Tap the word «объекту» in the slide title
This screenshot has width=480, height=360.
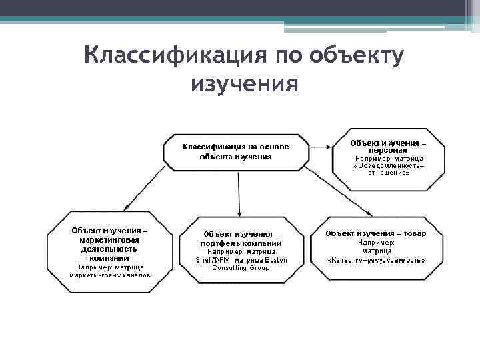pyautogui.click(x=357, y=56)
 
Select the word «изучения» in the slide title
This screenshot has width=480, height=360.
pyautogui.click(x=243, y=85)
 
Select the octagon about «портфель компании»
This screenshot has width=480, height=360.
pyautogui.click(x=241, y=251)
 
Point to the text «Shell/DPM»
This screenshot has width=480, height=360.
pyautogui.click(x=212, y=260)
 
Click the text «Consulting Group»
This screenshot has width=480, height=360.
pyautogui.click(x=241, y=268)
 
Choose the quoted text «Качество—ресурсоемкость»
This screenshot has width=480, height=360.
pyautogui.click(x=376, y=260)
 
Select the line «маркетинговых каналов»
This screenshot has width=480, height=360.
pyautogui.click(x=111, y=275)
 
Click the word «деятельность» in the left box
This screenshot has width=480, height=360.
pyautogui.click(x=110, y=248)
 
